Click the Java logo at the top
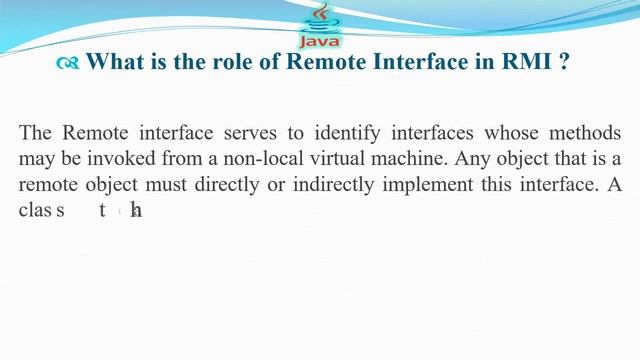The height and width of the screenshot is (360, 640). [319, 26]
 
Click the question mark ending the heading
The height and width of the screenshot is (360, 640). [565, 62]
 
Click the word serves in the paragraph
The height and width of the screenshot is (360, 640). [274, 133]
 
